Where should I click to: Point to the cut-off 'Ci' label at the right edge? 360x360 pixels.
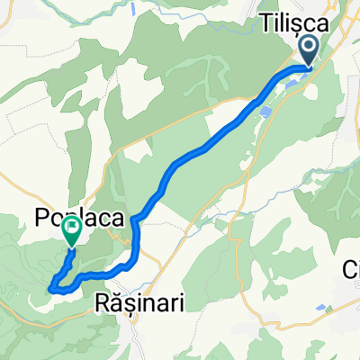(351, 269)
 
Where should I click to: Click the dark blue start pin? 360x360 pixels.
(309, 50)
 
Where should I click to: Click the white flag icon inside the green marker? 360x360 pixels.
(71, 230)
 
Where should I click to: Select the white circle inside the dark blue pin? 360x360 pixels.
(309, 46)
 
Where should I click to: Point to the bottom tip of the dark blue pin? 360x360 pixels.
(309, 66)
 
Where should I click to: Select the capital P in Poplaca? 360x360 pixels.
(41, 217)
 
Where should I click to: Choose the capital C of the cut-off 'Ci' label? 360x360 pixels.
(346, 269)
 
